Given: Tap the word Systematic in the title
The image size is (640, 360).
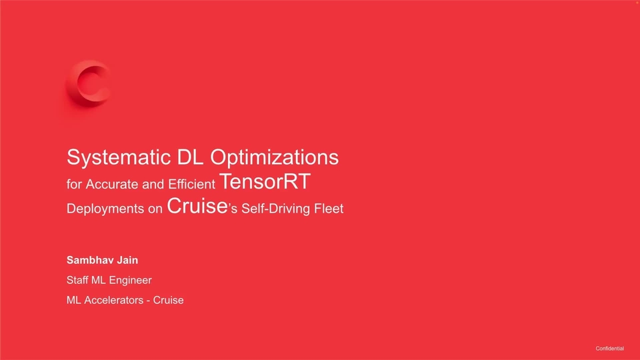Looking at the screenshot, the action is pos(119,157).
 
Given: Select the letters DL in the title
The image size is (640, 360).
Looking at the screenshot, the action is pos(191,157).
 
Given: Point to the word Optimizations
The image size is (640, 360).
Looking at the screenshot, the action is pos(274,157).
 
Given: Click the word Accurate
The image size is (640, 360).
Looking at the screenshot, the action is pos(112,184).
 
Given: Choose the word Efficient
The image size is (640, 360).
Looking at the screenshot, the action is pos(191,184).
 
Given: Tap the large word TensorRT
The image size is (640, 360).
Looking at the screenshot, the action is pos(265,181).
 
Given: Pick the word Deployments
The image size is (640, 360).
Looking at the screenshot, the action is pos(105,209).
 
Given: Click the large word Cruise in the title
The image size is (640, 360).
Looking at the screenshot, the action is pos(197,206).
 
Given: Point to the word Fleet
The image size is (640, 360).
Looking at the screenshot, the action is pos(329,209).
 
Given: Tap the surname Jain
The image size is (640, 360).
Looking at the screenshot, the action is pos(128,260).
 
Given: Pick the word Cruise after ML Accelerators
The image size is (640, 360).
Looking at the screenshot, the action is pos(168,300).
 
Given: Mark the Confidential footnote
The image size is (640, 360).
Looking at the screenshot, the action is pos(610,349).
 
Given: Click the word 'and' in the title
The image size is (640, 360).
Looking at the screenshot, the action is pos(153,184).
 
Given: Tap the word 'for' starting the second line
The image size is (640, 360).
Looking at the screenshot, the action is pos(74,184).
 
